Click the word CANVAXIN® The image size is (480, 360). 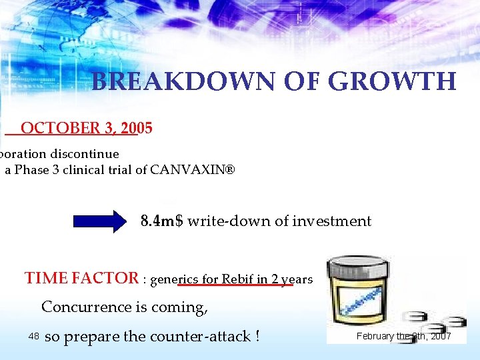(x=193, y=169)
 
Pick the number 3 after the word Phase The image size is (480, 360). (x=55, y=169)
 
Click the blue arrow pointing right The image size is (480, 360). (x=99, y=221)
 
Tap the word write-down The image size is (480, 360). (x=227, y=221)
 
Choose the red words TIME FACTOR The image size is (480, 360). (x=81, y=279)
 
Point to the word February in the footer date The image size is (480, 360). (x=375, y=336)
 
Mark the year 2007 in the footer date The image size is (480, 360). (x=440, y=336)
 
